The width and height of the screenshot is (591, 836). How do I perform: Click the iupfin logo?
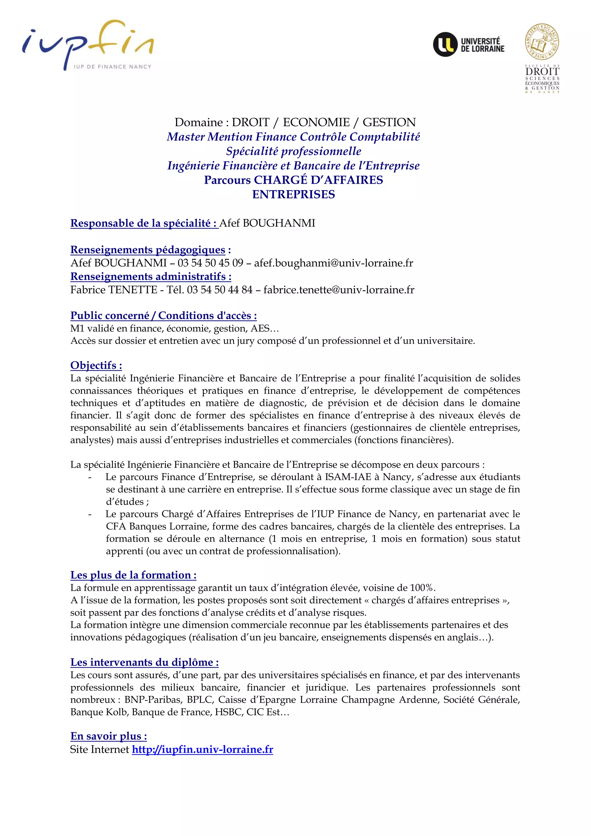click(87, 46)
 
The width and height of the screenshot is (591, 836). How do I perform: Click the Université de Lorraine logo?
click(469, 44)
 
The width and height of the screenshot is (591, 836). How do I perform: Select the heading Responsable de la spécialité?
click(144, 223)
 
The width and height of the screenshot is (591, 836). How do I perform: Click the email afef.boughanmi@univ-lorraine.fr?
click(333, 263)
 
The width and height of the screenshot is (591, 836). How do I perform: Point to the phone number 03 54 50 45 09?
click(210, 263)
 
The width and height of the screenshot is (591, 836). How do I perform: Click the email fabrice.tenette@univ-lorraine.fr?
click(339, 290)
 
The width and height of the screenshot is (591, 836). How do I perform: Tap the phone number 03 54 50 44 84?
click(220, 290)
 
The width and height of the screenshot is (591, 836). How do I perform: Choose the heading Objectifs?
click(96, 365)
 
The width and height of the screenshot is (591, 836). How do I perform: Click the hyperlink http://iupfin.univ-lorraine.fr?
click(202, 749)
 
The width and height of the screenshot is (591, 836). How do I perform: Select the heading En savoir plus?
click(109, 736)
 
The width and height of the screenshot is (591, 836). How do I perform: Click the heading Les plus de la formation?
click(133, 575)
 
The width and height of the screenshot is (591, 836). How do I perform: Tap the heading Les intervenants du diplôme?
click(145, 662)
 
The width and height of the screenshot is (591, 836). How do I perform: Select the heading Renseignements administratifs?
click(151, 276)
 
